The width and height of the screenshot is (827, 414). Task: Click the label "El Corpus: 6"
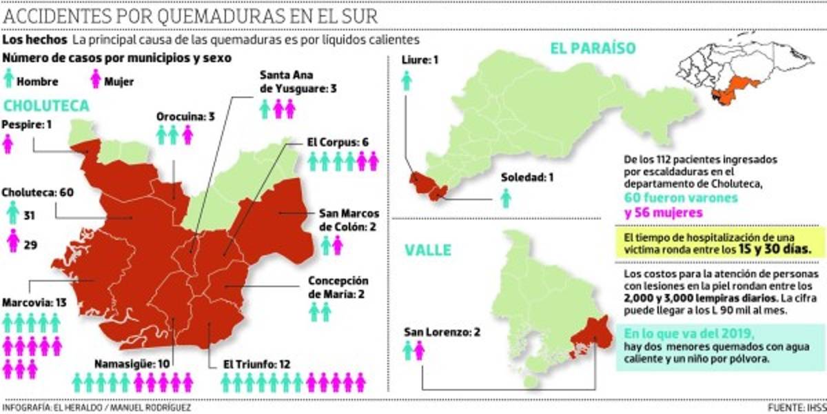338,142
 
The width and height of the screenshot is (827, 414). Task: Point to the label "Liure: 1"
420,61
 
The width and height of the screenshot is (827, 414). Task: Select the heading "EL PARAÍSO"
591,47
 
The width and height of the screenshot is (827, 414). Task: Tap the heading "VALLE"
427,249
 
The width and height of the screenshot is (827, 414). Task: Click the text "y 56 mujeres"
657,213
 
